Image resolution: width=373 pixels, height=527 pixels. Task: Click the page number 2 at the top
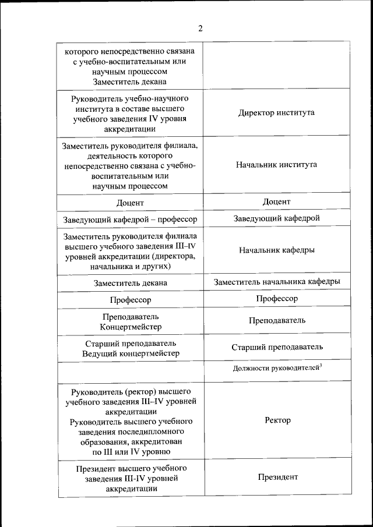pyautogui.click(x=200, y=28)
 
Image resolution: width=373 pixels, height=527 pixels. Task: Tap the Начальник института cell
pyautogui.click(x=276, y=165)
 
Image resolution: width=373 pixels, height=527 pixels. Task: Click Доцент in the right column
pyautogui.click(x=276, y=201)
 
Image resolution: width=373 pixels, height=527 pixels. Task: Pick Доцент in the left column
pyautogui.click(x=130, y=203)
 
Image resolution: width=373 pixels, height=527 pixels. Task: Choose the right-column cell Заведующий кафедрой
pyautogui.click(x=276, y=218)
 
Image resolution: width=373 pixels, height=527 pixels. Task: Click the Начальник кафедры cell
pyautogui.click(x=276, y=250)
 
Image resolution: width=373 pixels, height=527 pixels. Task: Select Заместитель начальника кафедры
pyautogui.click(x=276, y=282)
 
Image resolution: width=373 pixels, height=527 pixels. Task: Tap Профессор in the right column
pyautogui.click(x=276, y=299)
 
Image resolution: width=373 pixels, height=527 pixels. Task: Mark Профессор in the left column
pyautogui.click(x=130, y=300)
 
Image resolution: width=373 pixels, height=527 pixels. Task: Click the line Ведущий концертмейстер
pyautogui.click(x=130, y=353)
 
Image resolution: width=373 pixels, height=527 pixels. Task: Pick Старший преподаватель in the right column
pyautogui.click(x=276, y=348)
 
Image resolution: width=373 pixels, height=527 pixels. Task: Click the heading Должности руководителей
pyautogui.click(x=275, y=369)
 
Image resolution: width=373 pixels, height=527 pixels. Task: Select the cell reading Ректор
pyautogui.click(x=277, y=420)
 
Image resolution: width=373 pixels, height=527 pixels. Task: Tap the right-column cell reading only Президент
pyautogui.click(x=277, y=478)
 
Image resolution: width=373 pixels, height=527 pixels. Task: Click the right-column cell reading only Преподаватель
pyautogui.click(x=276, y=321)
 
